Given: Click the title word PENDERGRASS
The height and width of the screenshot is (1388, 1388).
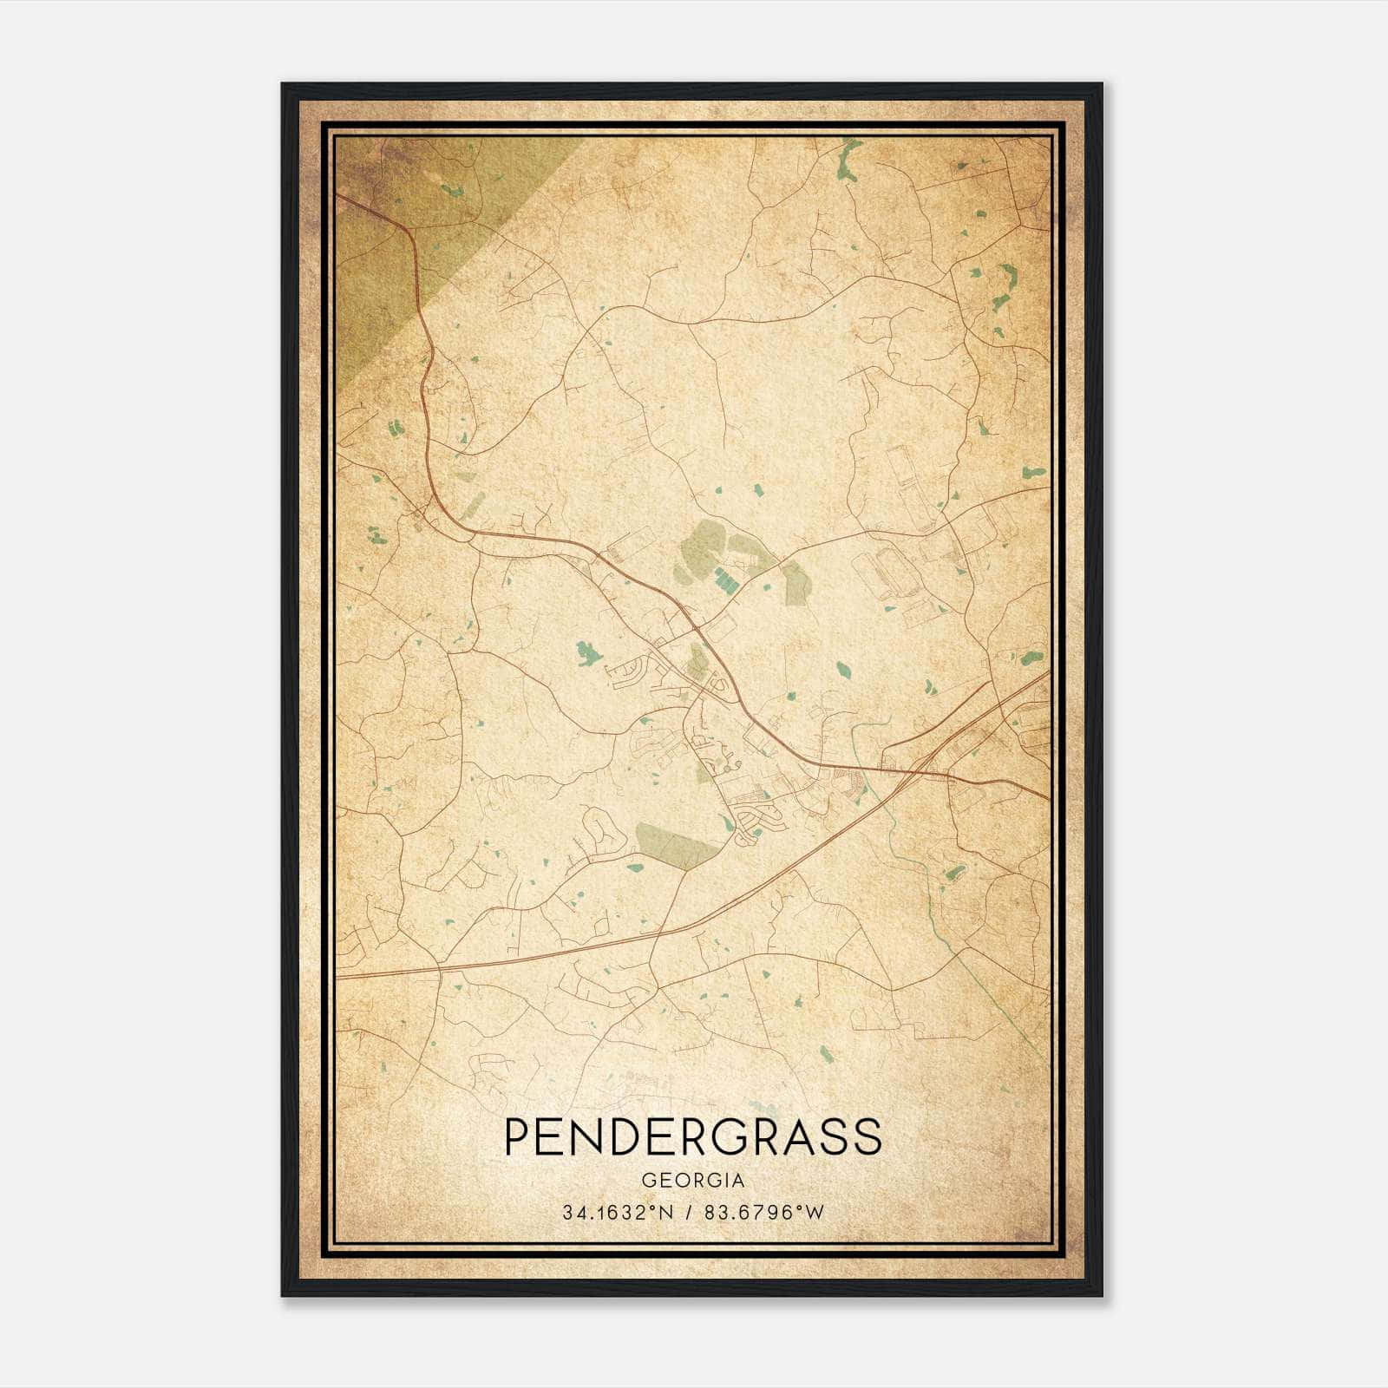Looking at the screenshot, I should pyautogui.click(x=692, y=1137).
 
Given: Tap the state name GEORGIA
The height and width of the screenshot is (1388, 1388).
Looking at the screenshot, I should pyautogui.click(x=692, y=1181).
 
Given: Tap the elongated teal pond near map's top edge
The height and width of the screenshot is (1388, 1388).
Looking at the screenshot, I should pyautogui.click(x=846, y=159).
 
